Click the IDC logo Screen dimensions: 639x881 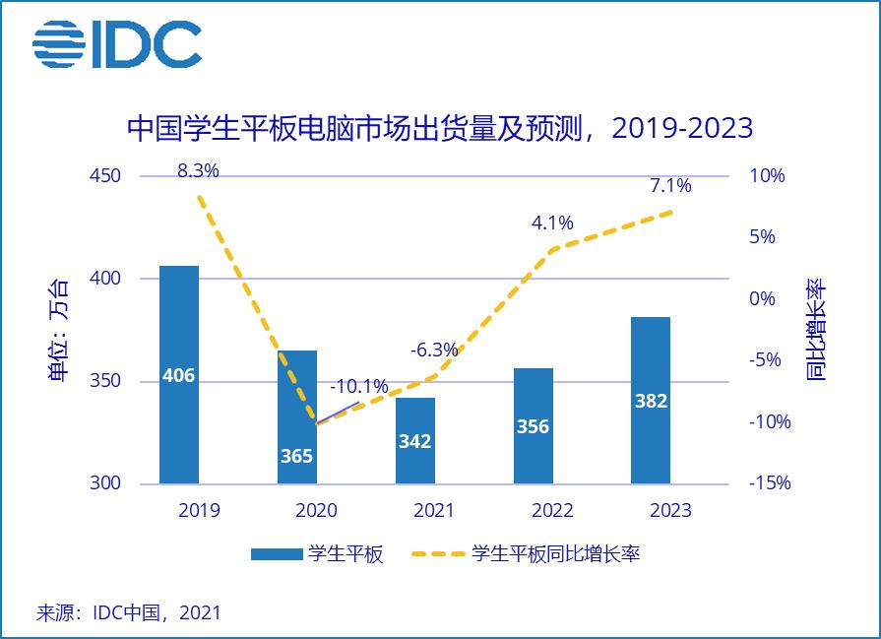tap(116, 44)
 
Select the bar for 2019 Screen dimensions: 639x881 tap(179, 374)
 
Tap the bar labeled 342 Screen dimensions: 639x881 tap(414, 440)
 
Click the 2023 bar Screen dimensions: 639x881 tap(651, 400)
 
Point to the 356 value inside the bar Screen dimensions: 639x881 tap(533, 427)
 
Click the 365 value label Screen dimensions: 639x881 tap(296, 456)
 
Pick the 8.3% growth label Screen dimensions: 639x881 tap(198, 170)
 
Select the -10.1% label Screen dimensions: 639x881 tap(358, 386)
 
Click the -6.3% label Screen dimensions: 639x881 tap(434, 350)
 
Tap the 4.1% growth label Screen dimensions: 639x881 tap(552, 224)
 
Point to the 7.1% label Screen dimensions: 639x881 tap(670, 185)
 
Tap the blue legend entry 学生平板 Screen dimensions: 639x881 tap(317, 553)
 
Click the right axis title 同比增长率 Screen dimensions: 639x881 tap(816, 330)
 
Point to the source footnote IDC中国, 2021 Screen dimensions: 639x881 tap(129, 612)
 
